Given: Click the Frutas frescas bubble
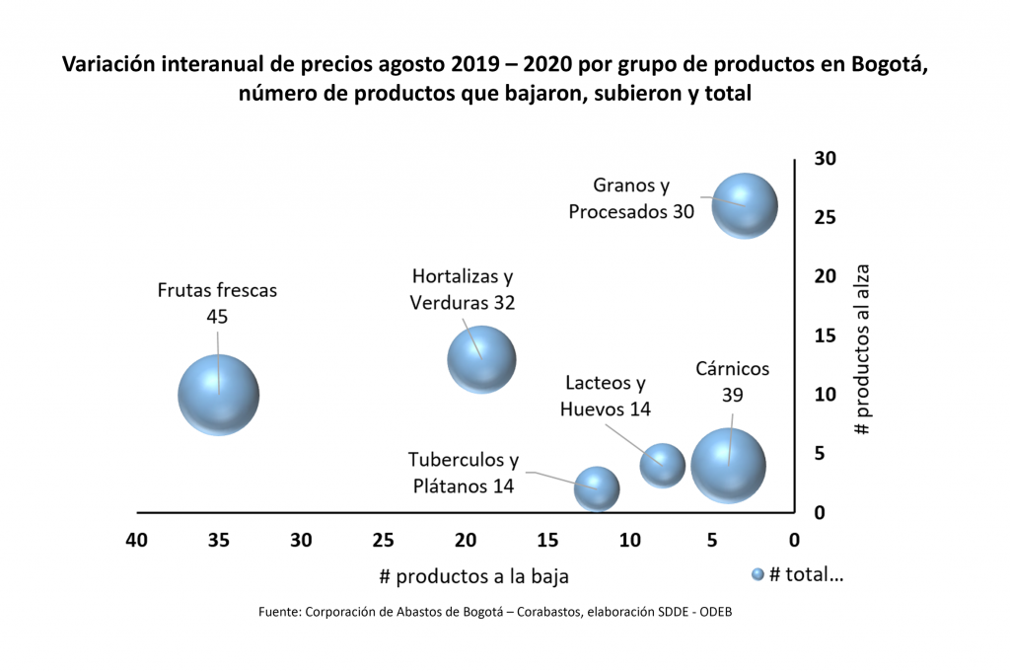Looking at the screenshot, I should [219, 395].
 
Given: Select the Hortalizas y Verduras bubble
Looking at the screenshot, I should [481, 359].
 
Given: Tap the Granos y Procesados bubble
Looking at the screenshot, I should [746, 205].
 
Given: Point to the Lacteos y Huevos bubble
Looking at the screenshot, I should [663, 465].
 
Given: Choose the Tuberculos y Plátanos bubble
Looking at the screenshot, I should [597, 488].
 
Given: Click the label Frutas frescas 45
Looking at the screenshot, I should [218, 303].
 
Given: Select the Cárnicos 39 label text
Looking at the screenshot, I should [732, 381].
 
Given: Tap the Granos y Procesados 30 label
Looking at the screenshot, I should [631, 198].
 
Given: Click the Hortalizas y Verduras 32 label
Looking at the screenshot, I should [463, 289].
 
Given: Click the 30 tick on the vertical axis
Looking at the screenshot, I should [826, 158].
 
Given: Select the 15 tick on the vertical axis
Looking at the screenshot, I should [826, 335].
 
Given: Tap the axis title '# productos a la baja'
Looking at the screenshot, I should [473, 576].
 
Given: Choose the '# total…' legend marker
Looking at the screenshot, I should [757, 574].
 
